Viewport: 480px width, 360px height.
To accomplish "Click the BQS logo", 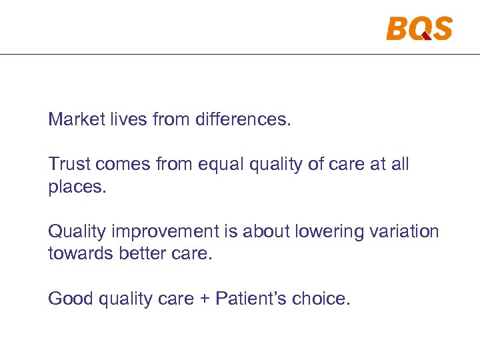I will point(419,28).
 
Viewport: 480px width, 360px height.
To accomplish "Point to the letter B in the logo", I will point(397,28).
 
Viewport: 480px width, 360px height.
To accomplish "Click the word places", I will point(77,187).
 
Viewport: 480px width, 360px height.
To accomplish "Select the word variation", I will point(403,231).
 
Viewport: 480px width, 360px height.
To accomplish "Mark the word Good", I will point(71,299).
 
